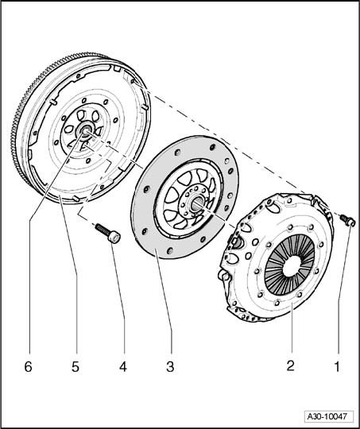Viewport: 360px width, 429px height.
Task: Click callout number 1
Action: click(x=337, y=366)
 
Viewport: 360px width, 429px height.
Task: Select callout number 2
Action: click(x=291, y=366)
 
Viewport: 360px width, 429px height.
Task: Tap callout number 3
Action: click(x=170, y=366)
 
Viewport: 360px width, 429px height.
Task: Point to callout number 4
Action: click(x=123, y=366)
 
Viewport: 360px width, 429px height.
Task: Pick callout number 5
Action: click(x=75, y=366)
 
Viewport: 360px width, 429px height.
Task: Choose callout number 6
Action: click(x=28, y=366)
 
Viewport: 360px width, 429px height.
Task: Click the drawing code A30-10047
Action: click(x=327, y=416)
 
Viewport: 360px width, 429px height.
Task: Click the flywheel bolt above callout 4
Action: click(x=107, y=233)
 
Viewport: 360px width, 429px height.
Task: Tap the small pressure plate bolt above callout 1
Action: click(x=347, y=221)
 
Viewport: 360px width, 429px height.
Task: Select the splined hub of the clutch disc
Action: click(x=198, y=203)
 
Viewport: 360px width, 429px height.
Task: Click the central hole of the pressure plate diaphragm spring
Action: click(x=291, y=266)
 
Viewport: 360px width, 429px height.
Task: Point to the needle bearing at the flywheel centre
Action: click(x=86, y=130)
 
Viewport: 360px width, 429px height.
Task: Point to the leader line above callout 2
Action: click(x=292, y=327)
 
